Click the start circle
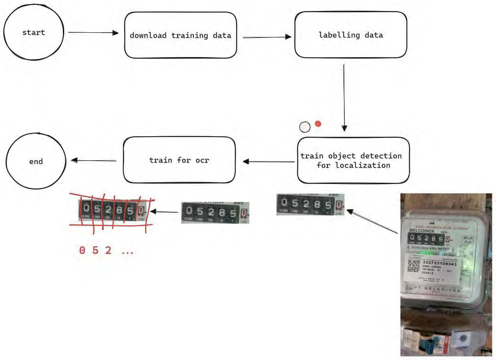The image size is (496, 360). (33, 32)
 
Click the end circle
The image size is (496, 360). (36, 161)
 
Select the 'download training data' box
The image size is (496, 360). (180, 35)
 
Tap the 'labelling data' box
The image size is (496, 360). (351, 35)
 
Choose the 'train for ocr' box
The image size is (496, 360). (179, 160)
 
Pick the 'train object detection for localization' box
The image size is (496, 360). (353, 160)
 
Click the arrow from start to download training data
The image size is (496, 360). (93, 33)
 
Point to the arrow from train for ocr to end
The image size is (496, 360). (94, 160)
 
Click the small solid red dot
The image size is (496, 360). (318, 124)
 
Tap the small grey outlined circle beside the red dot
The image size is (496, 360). (305, 127)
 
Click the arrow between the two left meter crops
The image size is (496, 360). (165, 212)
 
